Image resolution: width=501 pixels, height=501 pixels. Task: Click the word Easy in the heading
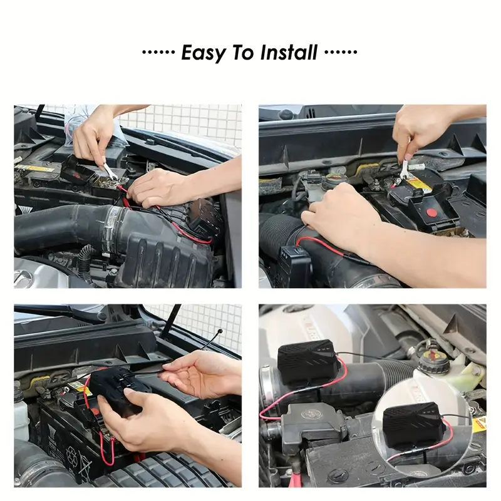click(204, 53)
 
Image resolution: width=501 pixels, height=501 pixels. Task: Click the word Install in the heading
click(289, 53)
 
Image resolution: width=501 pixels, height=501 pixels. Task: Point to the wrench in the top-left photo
click(109, 170)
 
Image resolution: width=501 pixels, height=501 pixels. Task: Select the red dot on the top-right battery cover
click(431, 212)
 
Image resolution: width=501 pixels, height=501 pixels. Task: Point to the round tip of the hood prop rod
click(219, 331)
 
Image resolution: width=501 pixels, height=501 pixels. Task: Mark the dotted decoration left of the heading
click(158, 52)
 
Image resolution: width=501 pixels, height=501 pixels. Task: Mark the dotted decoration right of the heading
click(341, 52)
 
